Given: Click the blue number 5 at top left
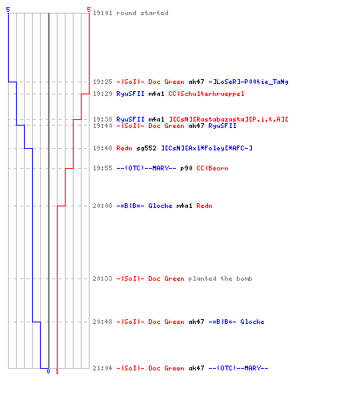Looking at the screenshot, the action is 8,10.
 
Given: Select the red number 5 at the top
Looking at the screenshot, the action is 89,10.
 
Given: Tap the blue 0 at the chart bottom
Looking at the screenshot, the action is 48,371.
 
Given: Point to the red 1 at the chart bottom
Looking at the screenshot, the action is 57,371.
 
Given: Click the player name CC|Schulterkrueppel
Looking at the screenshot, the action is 206,94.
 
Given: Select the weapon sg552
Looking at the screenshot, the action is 146,148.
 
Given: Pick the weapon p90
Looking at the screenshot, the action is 186,168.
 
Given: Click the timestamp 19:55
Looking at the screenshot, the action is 102,168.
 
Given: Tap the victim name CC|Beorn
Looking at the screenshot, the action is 212,168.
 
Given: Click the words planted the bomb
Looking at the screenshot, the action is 220,278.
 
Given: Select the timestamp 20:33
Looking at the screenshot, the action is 102,278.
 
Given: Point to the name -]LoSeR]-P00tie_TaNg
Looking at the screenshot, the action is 248,82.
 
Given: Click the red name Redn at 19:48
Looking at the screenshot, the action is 124,148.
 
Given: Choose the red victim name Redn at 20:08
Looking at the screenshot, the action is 204,206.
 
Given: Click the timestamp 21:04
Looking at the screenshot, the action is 102,368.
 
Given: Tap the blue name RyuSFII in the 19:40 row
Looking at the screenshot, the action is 222,126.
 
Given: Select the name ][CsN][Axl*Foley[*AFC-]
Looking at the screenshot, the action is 206,148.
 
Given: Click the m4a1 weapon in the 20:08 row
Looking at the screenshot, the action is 184,206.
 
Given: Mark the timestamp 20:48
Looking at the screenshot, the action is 102,322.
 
